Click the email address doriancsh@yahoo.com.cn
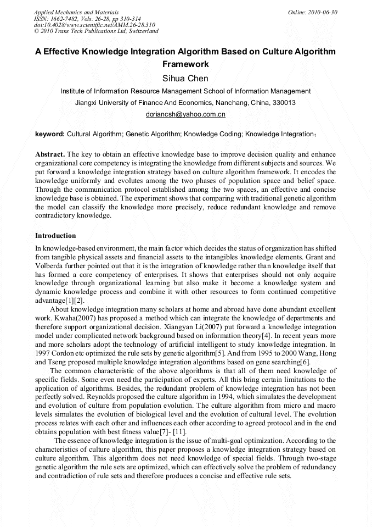(x=185, y=114)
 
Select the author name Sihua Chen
(x=185, y=78)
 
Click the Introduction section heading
(x=55, y=236)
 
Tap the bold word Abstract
(x=50, y=154)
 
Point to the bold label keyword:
(x=50, y=134)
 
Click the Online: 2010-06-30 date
(x=312, y=12)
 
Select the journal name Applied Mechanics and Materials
(x=76, y=12)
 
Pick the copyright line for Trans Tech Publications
(x=96, y=31)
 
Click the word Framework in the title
(x=185, y=64)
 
